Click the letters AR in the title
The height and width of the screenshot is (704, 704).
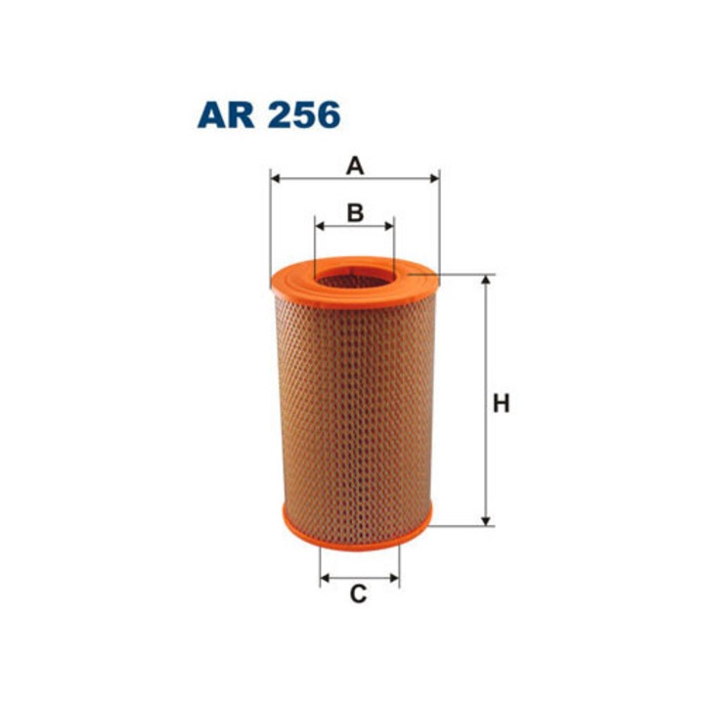coord(226,114)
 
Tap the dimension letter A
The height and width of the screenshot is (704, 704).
coord(354,166)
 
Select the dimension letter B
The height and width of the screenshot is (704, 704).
coord(355,211)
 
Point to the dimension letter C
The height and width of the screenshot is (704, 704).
coord(359,593)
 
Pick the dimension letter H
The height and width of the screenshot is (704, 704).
coord(501,403)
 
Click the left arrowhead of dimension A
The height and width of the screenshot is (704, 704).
coord(275,179)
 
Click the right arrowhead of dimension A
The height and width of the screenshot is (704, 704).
coord(434,179)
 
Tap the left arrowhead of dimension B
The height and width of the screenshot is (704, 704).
coord(320,226)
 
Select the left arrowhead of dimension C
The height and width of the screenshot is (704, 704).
coord(325,578)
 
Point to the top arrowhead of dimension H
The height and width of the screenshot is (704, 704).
coord(484,280)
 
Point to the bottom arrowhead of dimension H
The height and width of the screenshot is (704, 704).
coord(484,520)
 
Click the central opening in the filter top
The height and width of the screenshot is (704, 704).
coord(354,278)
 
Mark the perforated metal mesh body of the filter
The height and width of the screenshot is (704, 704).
coord(355,411)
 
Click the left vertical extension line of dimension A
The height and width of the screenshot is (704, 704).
coord(270,225)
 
